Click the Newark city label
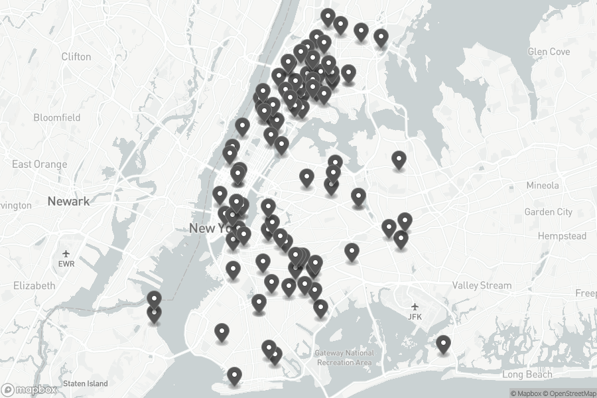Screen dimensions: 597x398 [68, 201]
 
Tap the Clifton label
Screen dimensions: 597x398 [76, 57]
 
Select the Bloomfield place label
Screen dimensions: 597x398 [57, 117]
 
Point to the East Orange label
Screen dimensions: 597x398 [40, 164]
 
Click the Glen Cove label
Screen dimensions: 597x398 [549, 52]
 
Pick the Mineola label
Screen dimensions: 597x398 [542, 186]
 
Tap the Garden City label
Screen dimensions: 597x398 [548, 212]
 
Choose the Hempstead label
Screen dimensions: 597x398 [562, 236]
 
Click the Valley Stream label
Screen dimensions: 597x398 [482, 285]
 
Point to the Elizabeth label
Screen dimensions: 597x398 [34, 285]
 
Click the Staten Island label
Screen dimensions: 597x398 [85, 383]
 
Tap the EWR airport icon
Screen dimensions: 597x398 [66, 253]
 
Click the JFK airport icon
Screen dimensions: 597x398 [415, 306]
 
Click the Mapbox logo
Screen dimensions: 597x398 [29, 389]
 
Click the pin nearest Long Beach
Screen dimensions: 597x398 [443, 344]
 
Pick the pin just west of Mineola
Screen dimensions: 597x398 [399, 160]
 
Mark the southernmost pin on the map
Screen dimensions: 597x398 [234, 376]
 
